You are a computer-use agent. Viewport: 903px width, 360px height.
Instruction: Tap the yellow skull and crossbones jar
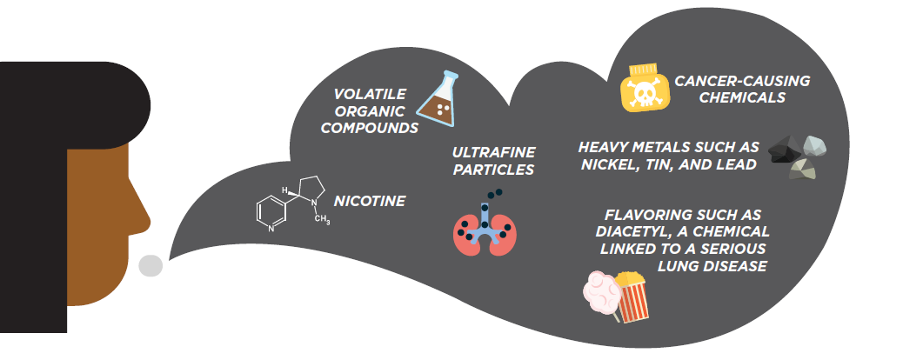[x=644, y=88]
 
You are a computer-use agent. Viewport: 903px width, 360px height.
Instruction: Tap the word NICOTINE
[x=370, y=201]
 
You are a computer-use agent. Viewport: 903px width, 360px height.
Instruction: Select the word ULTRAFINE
[x=493, y=153]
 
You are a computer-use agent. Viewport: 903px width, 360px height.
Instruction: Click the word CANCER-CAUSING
[x=742, y=81]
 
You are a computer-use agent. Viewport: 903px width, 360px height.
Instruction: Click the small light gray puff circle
[x=150, y=265]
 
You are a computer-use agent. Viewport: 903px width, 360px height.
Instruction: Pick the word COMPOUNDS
[x=369, y=128]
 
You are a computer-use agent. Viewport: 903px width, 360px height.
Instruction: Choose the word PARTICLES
[x=493, y=170]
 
